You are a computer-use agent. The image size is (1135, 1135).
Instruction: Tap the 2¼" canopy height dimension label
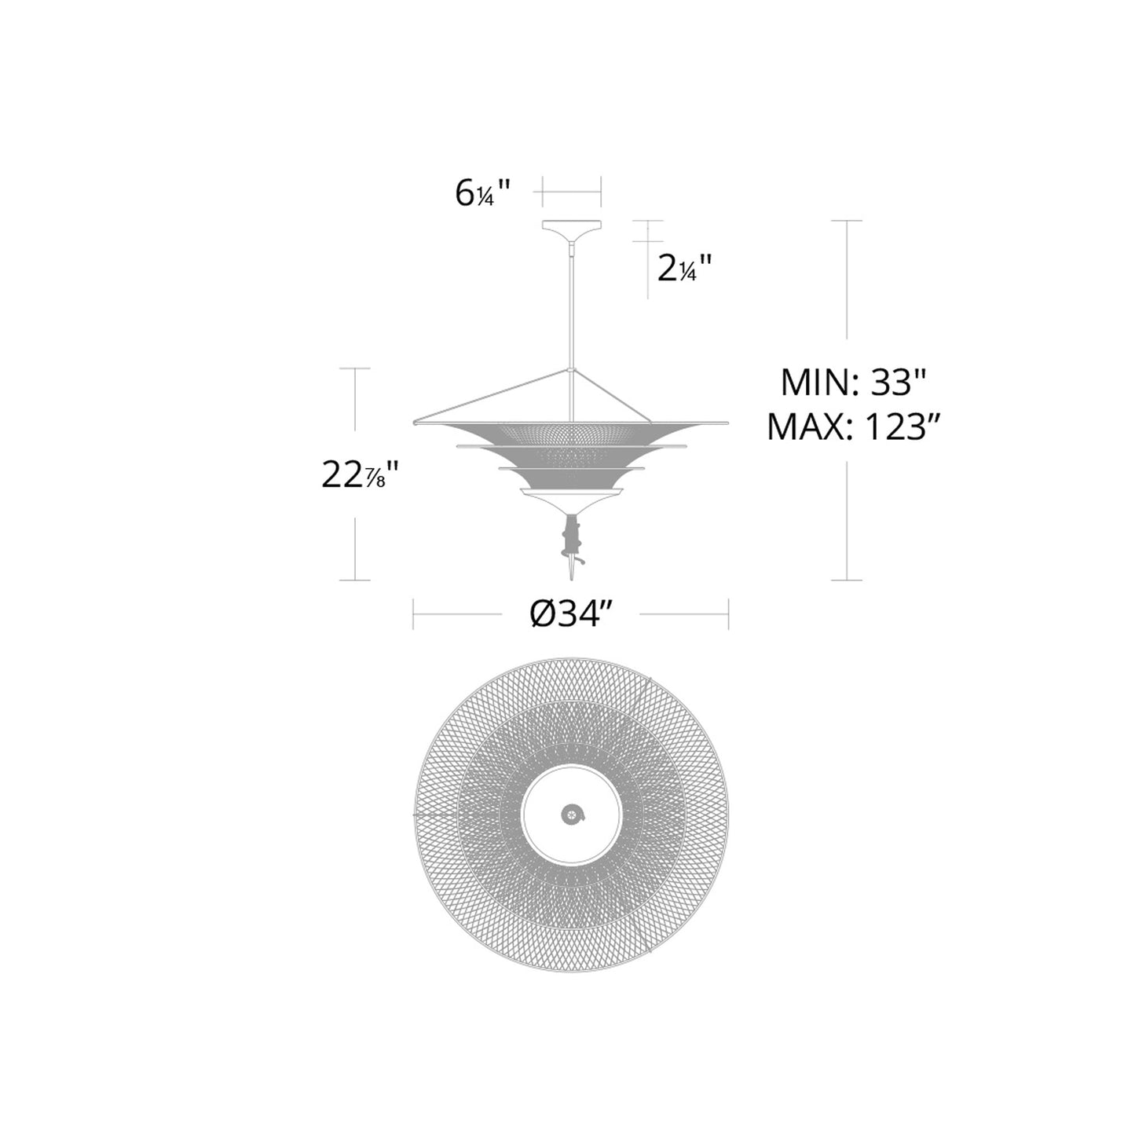click(x=685, y=269)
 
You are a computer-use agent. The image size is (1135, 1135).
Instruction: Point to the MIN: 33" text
click(x=855, y=384)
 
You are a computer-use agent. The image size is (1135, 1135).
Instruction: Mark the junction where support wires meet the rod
click(x=571, y=368)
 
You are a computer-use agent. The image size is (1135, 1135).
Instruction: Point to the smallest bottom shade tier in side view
click(x=571, y=496)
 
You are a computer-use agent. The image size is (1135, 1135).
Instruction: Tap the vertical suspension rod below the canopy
click(x=571, y=306)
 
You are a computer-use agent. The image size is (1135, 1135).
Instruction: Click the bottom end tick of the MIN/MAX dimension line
click(x=847, y=580)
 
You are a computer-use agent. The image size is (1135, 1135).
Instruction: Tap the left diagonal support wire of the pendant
click(x=491, y=396)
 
